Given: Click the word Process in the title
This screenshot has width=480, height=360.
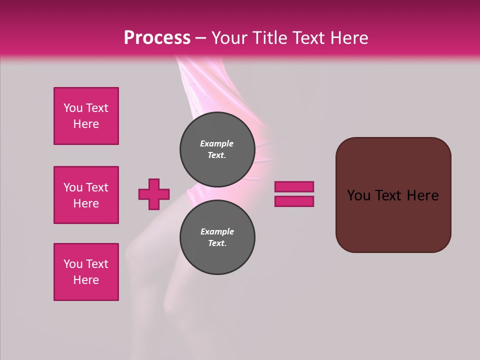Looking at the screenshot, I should click(x=157, y=38).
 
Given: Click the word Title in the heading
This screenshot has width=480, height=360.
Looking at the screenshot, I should click(x=269, y=38).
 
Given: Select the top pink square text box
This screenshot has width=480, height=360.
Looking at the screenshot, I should click(x=86, y=116).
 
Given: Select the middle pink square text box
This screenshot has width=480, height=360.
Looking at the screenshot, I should click(x=86, y=195).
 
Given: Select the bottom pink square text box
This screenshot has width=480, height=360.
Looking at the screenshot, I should click(x=86, y=272).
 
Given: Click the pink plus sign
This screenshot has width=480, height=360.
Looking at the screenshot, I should click(x=154, y=194).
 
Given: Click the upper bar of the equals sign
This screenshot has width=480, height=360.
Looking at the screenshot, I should click(x=294, y=186).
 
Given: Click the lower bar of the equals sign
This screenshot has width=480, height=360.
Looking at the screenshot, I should click(x=294, y=201).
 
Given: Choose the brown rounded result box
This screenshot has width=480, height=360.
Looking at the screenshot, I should click(x=393, y=220).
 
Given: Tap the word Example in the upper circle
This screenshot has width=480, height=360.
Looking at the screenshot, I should click(x=217, y=143).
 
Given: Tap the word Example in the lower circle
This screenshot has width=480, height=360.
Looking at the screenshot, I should click(x=217, y=231).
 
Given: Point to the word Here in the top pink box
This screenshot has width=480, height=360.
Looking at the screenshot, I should click(x=86, y=124).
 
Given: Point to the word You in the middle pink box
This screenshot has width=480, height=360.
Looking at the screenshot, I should click(x=73, y=187).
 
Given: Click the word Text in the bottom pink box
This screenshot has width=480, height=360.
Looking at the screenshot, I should click(x=97, y=264).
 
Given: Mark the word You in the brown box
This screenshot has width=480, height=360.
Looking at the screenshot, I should click(x=358, y=195).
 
